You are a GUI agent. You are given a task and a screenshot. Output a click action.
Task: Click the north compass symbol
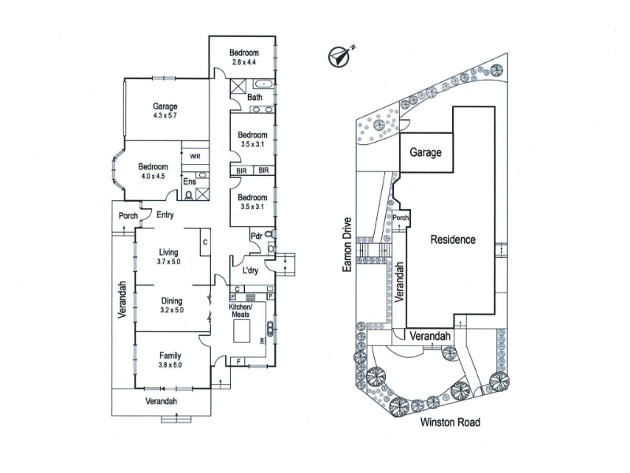tap(340, 55)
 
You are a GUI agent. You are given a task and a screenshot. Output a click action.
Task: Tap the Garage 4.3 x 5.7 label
tap(165, 110)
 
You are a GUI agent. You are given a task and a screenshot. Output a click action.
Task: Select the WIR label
tap(195, 156)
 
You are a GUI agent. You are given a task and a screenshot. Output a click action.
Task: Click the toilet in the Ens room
tap(188, 195)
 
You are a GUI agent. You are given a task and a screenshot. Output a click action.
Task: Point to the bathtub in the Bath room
tap(263, 84)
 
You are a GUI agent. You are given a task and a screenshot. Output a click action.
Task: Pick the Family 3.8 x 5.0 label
tap(170, 360)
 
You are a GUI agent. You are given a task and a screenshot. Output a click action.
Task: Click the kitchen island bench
tap(242, 330)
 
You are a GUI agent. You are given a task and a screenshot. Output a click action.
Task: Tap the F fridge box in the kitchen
tap(239, 362)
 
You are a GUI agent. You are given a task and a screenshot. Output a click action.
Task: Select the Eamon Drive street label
tap(347, 244)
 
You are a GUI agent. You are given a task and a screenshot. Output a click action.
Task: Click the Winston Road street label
tap(450, 423)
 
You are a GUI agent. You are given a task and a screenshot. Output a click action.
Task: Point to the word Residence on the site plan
tap(453, 240)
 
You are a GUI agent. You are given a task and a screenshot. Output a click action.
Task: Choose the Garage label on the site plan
tap(425, 152)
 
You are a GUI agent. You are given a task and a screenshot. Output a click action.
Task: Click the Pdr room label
tap(257, 236)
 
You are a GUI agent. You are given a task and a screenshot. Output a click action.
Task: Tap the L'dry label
tap(250, 270)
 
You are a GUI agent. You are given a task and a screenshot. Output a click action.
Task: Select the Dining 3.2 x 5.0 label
tap(172, 305)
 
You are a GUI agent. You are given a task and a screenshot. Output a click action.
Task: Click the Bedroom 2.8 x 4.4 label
tap(244, 57)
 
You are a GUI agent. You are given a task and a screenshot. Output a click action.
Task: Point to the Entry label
tap(165, 214)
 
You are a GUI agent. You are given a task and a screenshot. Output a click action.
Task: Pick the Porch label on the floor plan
tap(128, 216)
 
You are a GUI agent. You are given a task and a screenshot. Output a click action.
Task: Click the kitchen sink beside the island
tap(269, 329)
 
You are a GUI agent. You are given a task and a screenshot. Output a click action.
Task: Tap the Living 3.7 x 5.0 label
tap(169, 257)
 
